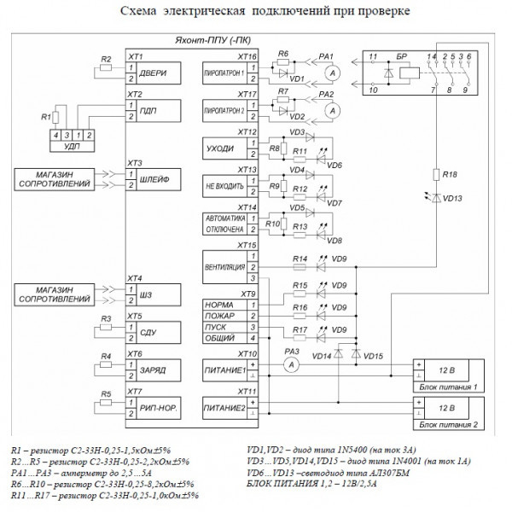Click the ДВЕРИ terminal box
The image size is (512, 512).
(156, 73)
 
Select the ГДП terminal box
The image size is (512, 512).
(156, 112)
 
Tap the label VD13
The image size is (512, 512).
(455, 200)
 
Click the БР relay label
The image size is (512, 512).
(403, 55)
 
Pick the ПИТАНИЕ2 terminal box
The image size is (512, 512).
(225, 409)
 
